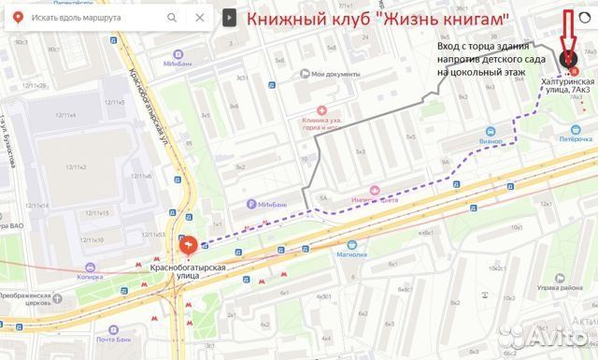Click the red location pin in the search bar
pos(17,18)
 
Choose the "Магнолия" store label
pos(351,253)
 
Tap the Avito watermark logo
pos(557,338)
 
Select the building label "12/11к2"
pos(76,166)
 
